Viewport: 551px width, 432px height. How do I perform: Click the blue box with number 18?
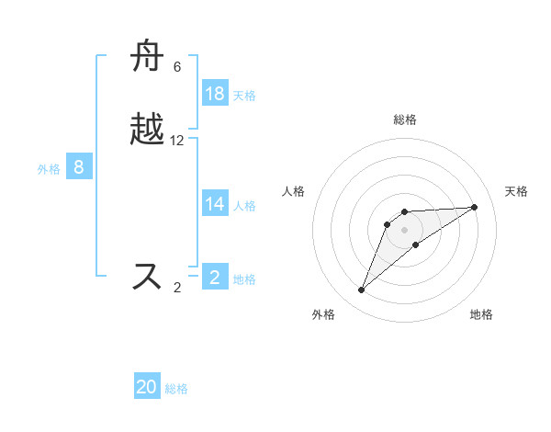click(215, 94)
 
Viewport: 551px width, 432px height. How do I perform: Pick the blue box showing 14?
click(215, 205)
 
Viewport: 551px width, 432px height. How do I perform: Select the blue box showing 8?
click(79, 167)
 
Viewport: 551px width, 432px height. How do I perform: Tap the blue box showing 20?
click(147, 387)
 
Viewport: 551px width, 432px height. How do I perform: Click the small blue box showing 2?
click(215, 278)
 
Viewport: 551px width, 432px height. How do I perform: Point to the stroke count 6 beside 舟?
click(177, 67)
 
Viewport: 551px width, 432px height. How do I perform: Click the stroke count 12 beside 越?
click(177, 141)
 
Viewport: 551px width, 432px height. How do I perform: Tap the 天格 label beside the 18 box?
click(244, 95)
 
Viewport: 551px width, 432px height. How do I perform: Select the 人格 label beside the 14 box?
click(244, 206)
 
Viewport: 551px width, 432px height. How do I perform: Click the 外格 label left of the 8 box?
click(49, 168)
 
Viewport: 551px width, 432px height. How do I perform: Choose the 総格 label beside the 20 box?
click(176, 388)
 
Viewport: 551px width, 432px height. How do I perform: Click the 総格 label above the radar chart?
click(405, 119)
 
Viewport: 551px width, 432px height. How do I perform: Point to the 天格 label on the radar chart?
click(516, 191)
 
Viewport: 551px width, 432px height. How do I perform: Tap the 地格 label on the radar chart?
click(481, 314)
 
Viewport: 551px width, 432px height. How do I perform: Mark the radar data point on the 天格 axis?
click(475, 207)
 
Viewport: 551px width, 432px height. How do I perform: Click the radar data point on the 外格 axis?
click(362, 290)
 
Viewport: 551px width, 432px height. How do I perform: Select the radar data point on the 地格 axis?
click(416, 244)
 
